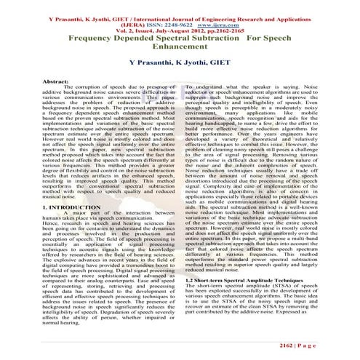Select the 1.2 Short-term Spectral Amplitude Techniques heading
pos(243,280)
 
